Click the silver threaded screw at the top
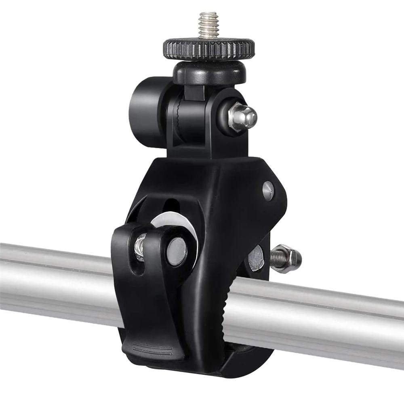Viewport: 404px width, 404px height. [x=208, y=25]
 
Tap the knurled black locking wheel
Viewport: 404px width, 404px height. [x=209, y=49]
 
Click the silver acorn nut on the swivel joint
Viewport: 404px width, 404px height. [x=242, y=116]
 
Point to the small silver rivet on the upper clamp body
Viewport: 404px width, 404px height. [x=268, y=190]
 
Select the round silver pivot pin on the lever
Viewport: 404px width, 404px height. [x=177, y=251]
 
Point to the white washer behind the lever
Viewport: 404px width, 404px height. [x=190, y=230]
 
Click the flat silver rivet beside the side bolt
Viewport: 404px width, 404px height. [x=256, y=259]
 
